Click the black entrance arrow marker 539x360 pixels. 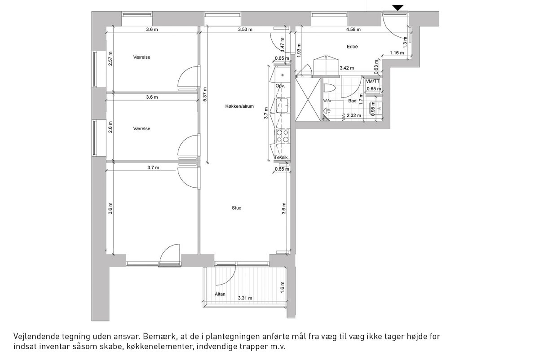(x=398, y=8)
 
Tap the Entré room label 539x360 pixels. (x=352, y=47)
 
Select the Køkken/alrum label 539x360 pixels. (x=239, y=106)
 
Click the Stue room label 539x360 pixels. (x=237, y=208)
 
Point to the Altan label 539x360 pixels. (x=220, y=294)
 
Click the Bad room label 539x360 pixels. (x=352, y=101)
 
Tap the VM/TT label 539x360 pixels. (x=373, y=81)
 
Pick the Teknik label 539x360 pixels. (x=281, y=157)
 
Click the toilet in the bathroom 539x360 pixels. (x=329, y=88)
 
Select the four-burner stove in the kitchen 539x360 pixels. (x=283, y=136)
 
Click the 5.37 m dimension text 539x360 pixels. (x=204, y=94)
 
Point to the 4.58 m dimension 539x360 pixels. (x=353, y=30)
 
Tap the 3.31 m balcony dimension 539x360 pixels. (x=245, y=298)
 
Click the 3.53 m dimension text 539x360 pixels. (x=245, y=30)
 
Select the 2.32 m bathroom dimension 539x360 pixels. (x=354, y=115)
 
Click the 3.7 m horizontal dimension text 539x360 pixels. (x=153, y=167)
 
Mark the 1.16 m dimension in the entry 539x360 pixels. (x=397, y=53)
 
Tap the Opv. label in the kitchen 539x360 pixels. (x=280, y=86)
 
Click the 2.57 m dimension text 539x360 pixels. (x=110, y=59)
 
